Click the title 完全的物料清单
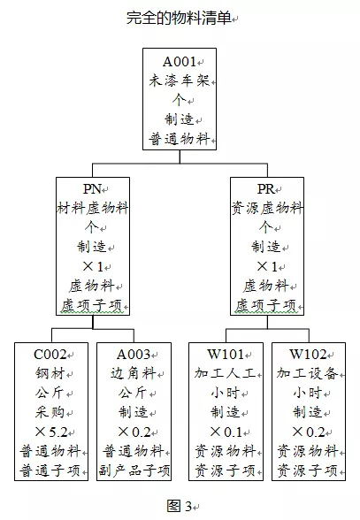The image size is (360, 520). coord(179,18)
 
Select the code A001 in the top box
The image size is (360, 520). coord(180,62)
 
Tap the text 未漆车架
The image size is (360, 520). coord(180,80)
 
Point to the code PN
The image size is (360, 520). coord(92,189)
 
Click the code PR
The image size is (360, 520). coord(266,189)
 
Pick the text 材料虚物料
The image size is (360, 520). coord(93,209)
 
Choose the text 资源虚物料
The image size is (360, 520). coord(267,209)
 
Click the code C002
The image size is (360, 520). coord(50,355)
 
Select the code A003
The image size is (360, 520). coord(134,355)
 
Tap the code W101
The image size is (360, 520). coord(226,355)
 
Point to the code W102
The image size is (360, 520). coord(308,355)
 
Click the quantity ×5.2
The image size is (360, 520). coord(51,432)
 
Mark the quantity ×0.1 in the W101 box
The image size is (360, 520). coord(226,432)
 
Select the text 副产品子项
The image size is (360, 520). coord(134,470)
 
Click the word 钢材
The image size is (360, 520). coord(50,374)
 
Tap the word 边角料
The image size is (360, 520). coord(134,374)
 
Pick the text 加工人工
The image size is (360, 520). coord(225,374)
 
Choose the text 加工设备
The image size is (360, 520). coord(307,374)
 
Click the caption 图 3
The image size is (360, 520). coord(180,506)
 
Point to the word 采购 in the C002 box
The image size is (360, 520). coord(50,412)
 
